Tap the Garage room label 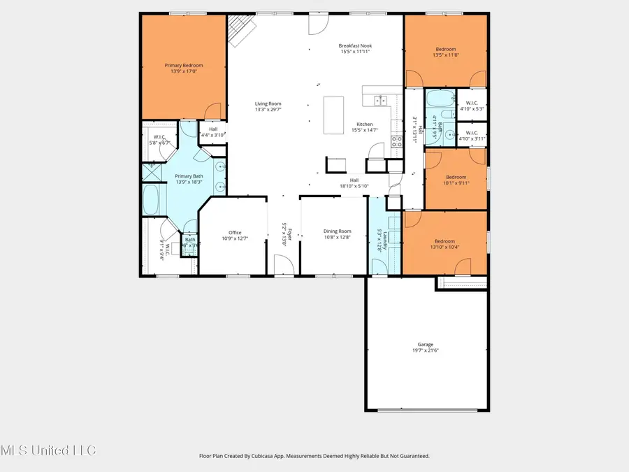tap(426, 344)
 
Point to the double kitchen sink tap(382, 100)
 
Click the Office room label tap(235, 233)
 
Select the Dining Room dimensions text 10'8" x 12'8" tap(337, 238)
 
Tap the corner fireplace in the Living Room tap(239, 31)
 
